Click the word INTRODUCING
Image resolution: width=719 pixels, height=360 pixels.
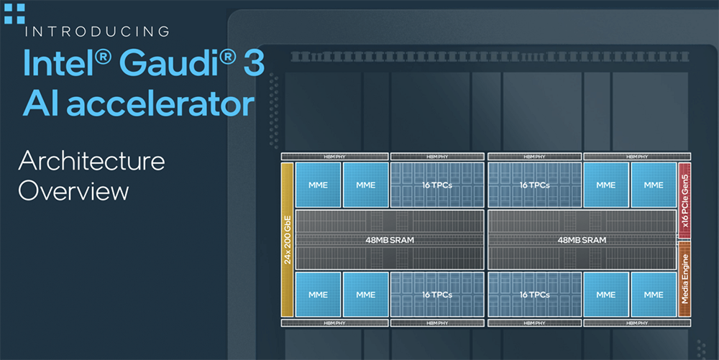(97, 32)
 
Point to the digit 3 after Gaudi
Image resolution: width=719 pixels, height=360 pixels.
(254, 63)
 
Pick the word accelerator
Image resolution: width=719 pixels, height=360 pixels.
(160, 103)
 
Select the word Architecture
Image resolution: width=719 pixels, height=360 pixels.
(92, 161)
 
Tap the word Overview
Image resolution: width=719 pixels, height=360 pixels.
(73, 190)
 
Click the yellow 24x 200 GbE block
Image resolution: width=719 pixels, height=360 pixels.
(287, 239)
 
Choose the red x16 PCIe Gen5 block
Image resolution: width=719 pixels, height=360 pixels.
(684, 200)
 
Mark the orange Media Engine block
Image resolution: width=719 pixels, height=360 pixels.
(684, 279)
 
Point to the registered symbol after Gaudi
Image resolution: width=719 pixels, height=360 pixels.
(228, 57)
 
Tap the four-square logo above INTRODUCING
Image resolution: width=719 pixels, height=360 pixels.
(14, 13)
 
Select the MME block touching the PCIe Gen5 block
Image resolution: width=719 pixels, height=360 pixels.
(654, 185)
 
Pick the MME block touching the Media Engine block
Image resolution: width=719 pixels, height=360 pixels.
(654, 295)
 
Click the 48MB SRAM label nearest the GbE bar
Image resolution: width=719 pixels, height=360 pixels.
(390, 240)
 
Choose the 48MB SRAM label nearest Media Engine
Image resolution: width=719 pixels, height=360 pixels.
(582, 240)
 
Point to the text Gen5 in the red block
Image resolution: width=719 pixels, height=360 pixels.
(685, 184)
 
